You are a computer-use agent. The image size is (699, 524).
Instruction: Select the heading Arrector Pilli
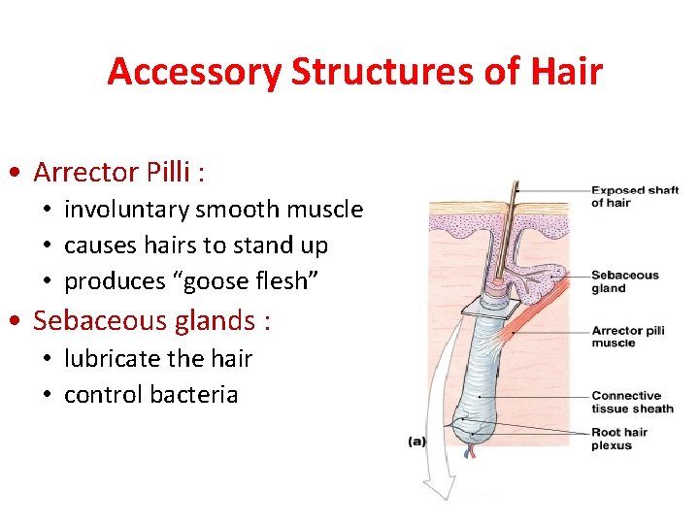[118, 173]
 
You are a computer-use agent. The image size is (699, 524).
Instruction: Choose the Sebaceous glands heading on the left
[151, 321]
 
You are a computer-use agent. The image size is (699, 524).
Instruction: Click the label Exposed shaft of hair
[634, 196]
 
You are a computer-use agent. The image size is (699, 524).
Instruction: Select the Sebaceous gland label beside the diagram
[624, 281]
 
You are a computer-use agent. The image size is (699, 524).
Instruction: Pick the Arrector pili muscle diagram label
[627, 337]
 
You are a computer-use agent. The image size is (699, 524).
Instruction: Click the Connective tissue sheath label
[632, 402]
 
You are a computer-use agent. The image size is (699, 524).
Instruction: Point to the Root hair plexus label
[618, 439]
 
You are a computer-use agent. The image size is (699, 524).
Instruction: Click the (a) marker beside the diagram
[416, 442]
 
